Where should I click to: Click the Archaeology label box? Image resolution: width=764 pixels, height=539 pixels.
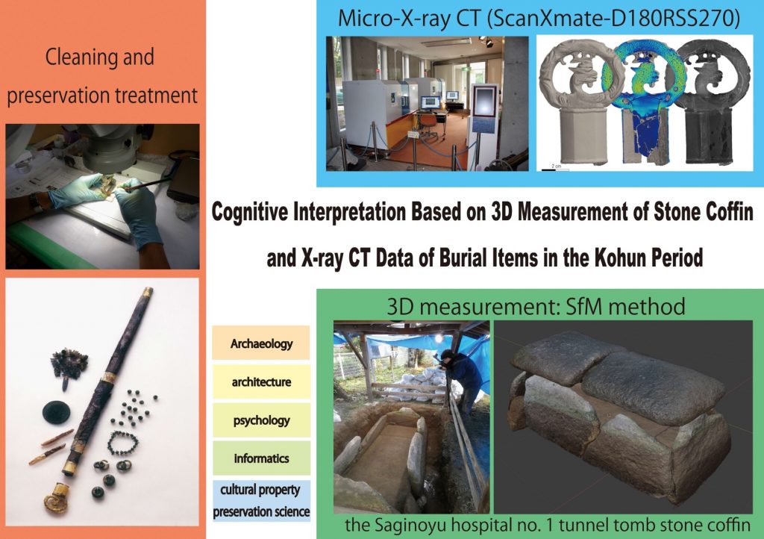coord(260,343)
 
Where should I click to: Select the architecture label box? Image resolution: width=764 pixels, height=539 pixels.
coord(260,381)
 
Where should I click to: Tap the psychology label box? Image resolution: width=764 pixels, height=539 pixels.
coord(260,420)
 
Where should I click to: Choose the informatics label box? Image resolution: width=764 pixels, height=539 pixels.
coord(260,458)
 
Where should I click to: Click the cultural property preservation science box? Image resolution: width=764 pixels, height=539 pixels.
coord(260,500)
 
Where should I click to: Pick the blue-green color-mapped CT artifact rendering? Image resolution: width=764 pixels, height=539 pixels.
coord(643,102)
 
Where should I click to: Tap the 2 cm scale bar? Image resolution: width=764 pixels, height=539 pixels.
coord(556,169)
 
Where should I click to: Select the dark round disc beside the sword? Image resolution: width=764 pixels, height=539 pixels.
coord(56,412)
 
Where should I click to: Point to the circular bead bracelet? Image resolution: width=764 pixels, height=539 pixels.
coord(122,443)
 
